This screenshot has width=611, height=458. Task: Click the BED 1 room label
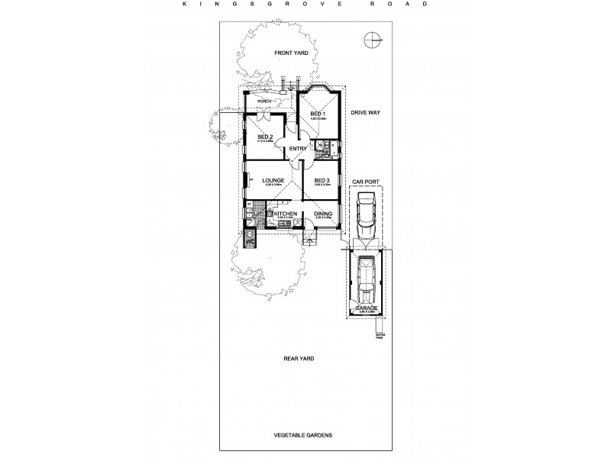click(x=318, y=114)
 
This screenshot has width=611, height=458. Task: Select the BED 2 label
click(x=265, y=137)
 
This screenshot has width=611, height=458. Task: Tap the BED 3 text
click(x=322, y=181)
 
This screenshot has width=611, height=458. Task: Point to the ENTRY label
click(x=298, y=149)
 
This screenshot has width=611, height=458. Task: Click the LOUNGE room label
click(x=273, y=181)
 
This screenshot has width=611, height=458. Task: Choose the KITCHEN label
click(x=285, y=214)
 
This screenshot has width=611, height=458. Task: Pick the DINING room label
click(x=322, y=214)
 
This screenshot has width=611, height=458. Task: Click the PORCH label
click(x=265, y=101)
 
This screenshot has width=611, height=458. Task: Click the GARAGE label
click(x=365, y=307)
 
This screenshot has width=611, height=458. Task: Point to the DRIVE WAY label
click(x=365, y=112)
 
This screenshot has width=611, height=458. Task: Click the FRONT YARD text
click(x=291, y=53)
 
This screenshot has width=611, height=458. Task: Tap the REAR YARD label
click(x=298, y=357)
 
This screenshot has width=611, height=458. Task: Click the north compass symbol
click(x=371, y=39)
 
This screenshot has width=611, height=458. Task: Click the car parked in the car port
click(x=365, y=216)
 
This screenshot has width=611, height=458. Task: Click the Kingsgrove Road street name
click(x=305, y=3)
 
